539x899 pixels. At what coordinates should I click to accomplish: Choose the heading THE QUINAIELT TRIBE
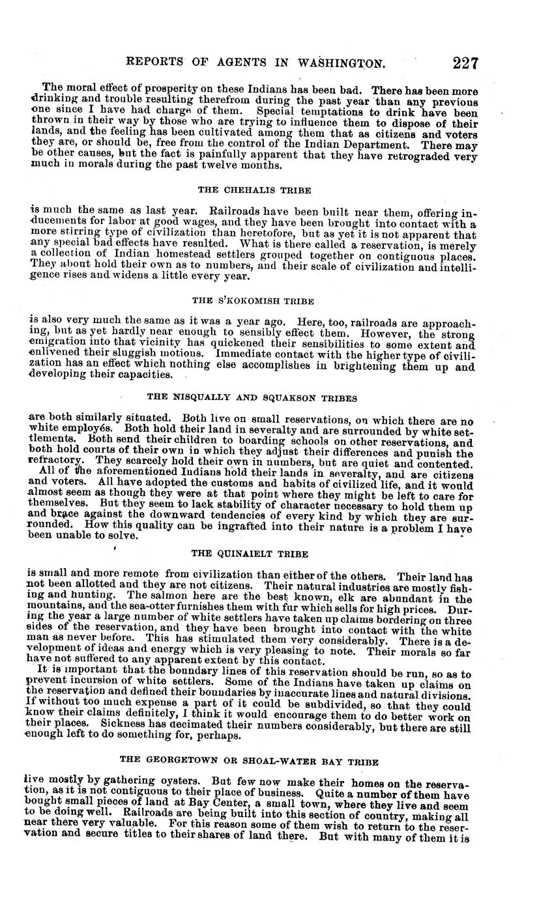(x=250, y=554)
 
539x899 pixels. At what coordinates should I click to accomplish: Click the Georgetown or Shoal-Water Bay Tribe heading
(x=250, y=761)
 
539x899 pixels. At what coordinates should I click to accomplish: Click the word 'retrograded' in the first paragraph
(x=422, y=156)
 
